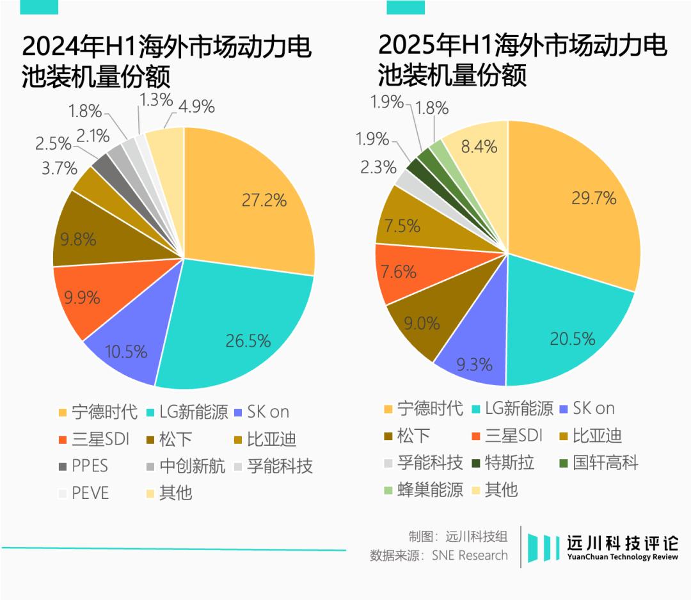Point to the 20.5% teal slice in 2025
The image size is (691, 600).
coord(563,333)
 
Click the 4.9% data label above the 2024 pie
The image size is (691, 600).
coord(196,106)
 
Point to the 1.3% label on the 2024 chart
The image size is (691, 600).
coord(155,100)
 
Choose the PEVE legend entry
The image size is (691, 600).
coord(83,493)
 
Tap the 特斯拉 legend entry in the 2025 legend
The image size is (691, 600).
coord(502,462)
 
